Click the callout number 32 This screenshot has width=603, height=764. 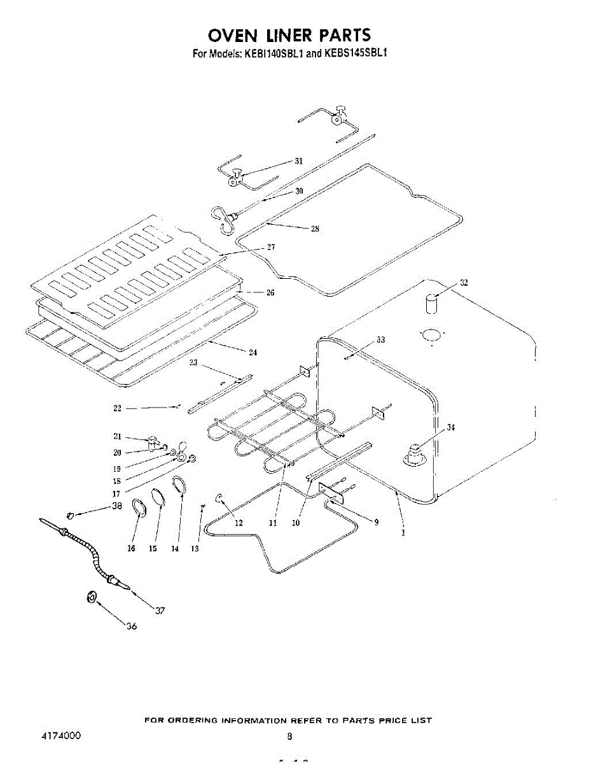464,283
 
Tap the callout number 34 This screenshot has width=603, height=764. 450,427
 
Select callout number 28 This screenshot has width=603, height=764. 314,230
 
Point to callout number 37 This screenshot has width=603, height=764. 160,611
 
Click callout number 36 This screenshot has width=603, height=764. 131,626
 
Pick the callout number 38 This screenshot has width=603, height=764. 116,507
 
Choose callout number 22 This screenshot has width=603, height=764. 117,409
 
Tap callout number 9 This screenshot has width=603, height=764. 376,523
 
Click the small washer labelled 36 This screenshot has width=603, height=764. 91,597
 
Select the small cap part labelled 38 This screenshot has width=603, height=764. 71,514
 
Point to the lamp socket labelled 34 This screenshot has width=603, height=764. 415,453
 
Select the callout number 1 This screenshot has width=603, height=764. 403,534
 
